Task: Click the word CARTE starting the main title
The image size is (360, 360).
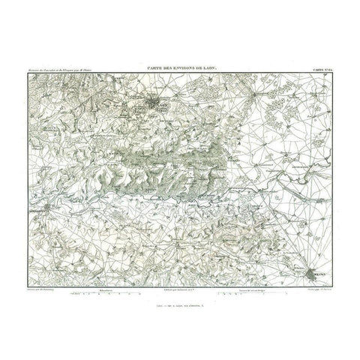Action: (x=139, y=69)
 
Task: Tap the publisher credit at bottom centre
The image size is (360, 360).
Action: (x=179, y=289)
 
